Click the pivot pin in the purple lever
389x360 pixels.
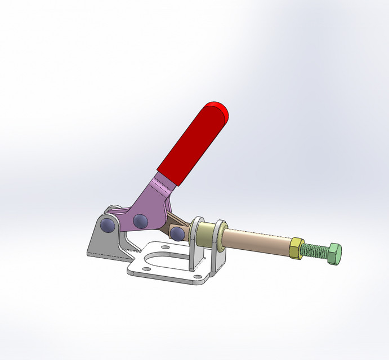pyautogui.click(x=140, y=221)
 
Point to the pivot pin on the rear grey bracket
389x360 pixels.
pyautogui.click(x=107, y=224)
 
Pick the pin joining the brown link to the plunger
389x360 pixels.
pyautogui.click(x=178, y=232)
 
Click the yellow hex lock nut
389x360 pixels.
pyautogui.click(x=295, y=248)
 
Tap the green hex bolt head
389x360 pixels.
pyautogui.click(x=334, y=254)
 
